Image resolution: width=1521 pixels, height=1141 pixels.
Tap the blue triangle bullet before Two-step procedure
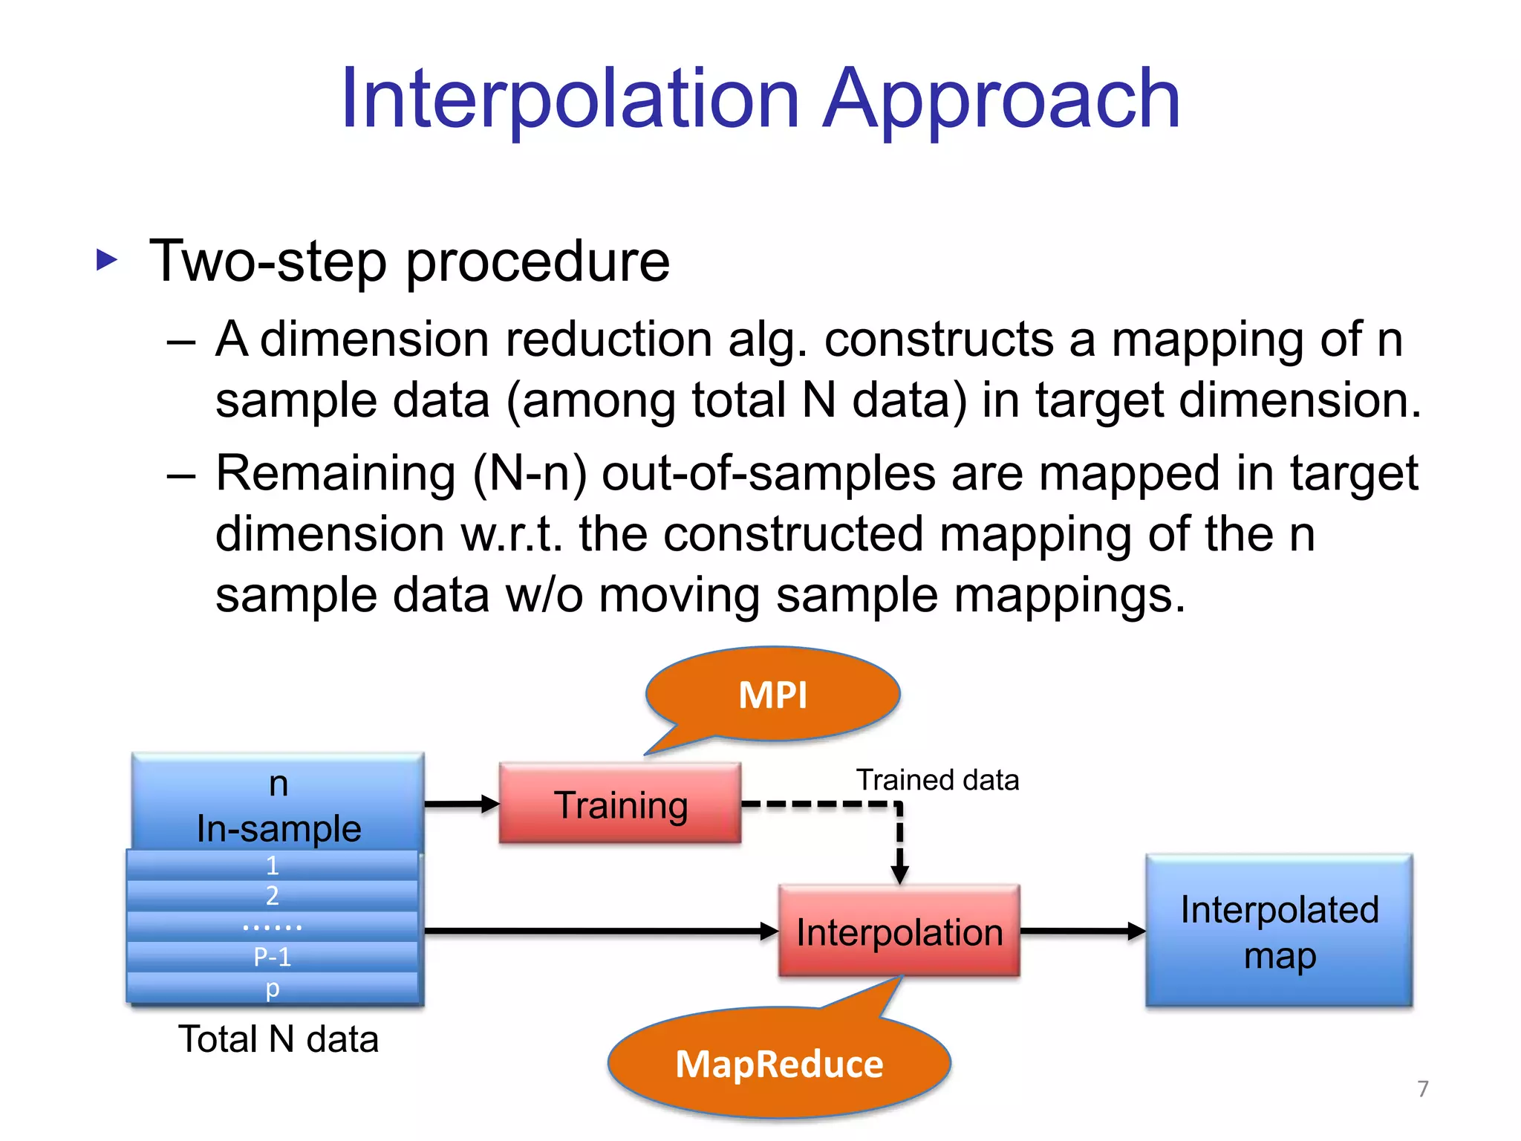pos(107,260)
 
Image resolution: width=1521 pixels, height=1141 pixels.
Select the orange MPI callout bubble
pos(772,695)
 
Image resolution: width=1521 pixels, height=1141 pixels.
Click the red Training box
pos(620,804)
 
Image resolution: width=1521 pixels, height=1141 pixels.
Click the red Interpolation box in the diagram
pos(899,931)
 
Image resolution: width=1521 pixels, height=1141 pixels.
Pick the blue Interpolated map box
pos(1278,931)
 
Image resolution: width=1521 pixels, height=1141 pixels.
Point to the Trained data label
pos(937,780)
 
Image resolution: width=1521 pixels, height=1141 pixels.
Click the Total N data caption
pos(279,1038)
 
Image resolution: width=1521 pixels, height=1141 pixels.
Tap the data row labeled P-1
pos(272,957)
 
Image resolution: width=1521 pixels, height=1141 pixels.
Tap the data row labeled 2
pos(272,896)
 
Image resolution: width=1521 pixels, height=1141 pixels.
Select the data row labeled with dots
pos(272,926)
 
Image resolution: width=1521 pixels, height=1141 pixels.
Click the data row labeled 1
pos(272,865)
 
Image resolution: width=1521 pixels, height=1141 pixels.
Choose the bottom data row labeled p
pos(272,988)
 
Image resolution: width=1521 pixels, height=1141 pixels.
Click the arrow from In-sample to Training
pos(460,804)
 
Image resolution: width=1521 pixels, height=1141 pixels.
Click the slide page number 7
pos(1422,1088)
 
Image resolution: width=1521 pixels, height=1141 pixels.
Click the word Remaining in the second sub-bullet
pos(335,473)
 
